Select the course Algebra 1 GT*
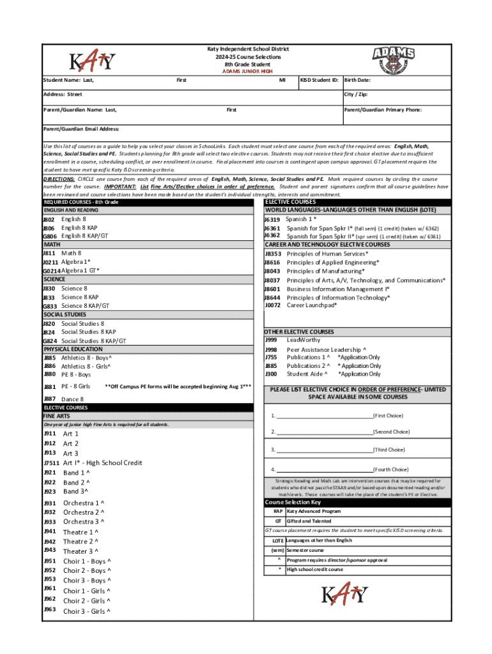tap(80, 270)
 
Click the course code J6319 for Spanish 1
tap(272, 219)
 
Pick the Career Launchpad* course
tap(311, 305)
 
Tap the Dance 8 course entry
tap(72, 399)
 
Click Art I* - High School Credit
tap(102, 462)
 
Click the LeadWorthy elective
tap(304, 340)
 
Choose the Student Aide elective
tap(308, 374)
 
